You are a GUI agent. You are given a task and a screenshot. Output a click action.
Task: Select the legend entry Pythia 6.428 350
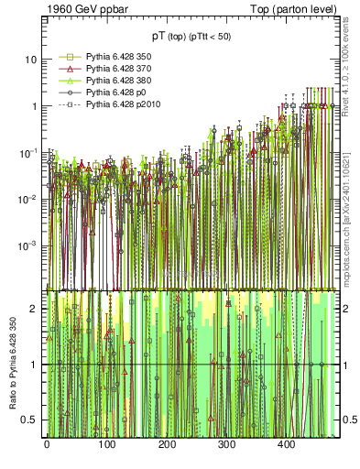109,57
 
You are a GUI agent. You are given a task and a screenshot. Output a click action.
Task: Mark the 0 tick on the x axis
46,443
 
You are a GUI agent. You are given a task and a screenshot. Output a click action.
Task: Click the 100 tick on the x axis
106,443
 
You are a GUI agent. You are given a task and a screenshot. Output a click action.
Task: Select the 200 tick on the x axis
166,443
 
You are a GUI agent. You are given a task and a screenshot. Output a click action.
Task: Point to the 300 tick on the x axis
226,443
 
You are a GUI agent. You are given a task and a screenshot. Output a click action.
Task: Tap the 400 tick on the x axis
286,443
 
